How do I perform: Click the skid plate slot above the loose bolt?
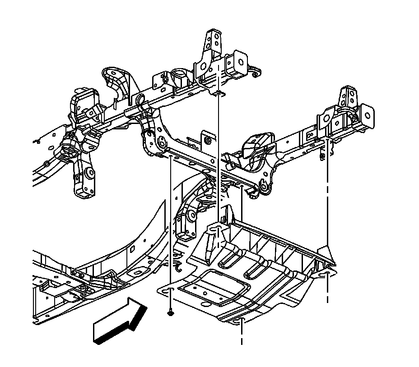click(x=170, y=289)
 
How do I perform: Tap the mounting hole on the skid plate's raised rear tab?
click(x=218, y=230)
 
